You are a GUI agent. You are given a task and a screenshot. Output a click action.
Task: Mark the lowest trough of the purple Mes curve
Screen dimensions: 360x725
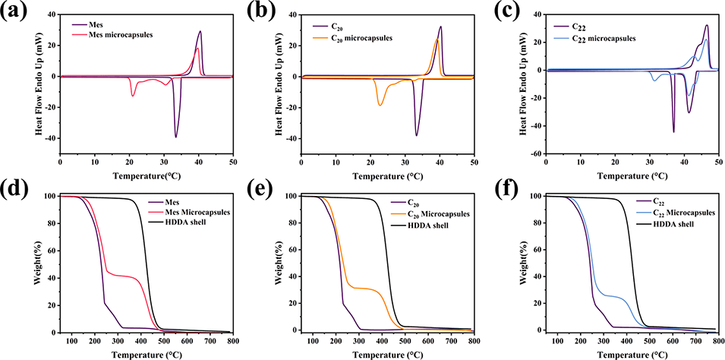(x=176, y=137)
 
